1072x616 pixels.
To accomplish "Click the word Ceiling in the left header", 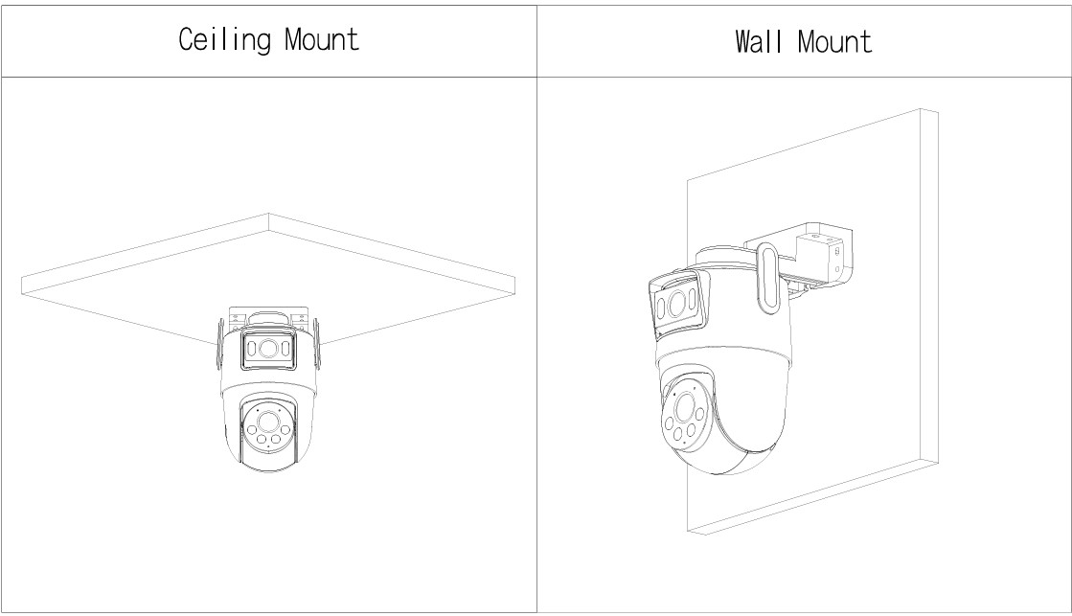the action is [x=224, y=39].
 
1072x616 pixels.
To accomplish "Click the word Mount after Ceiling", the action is [x=321, y=39].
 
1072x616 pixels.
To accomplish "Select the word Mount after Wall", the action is [x=834, y=42].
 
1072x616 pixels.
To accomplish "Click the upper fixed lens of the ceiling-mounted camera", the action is [x=268, y=348].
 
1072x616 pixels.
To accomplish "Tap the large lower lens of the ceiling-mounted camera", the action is [x=267, y=421].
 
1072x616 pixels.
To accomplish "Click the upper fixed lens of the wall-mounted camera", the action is [x=677, y=304].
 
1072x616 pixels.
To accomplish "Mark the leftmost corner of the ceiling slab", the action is [x=22, y=277].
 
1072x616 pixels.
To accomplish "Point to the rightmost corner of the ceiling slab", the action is [x=514, y=277].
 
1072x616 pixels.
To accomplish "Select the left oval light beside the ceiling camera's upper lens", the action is [x=252, y=348].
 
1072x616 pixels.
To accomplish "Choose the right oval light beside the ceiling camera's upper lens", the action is [x=286, y=348].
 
